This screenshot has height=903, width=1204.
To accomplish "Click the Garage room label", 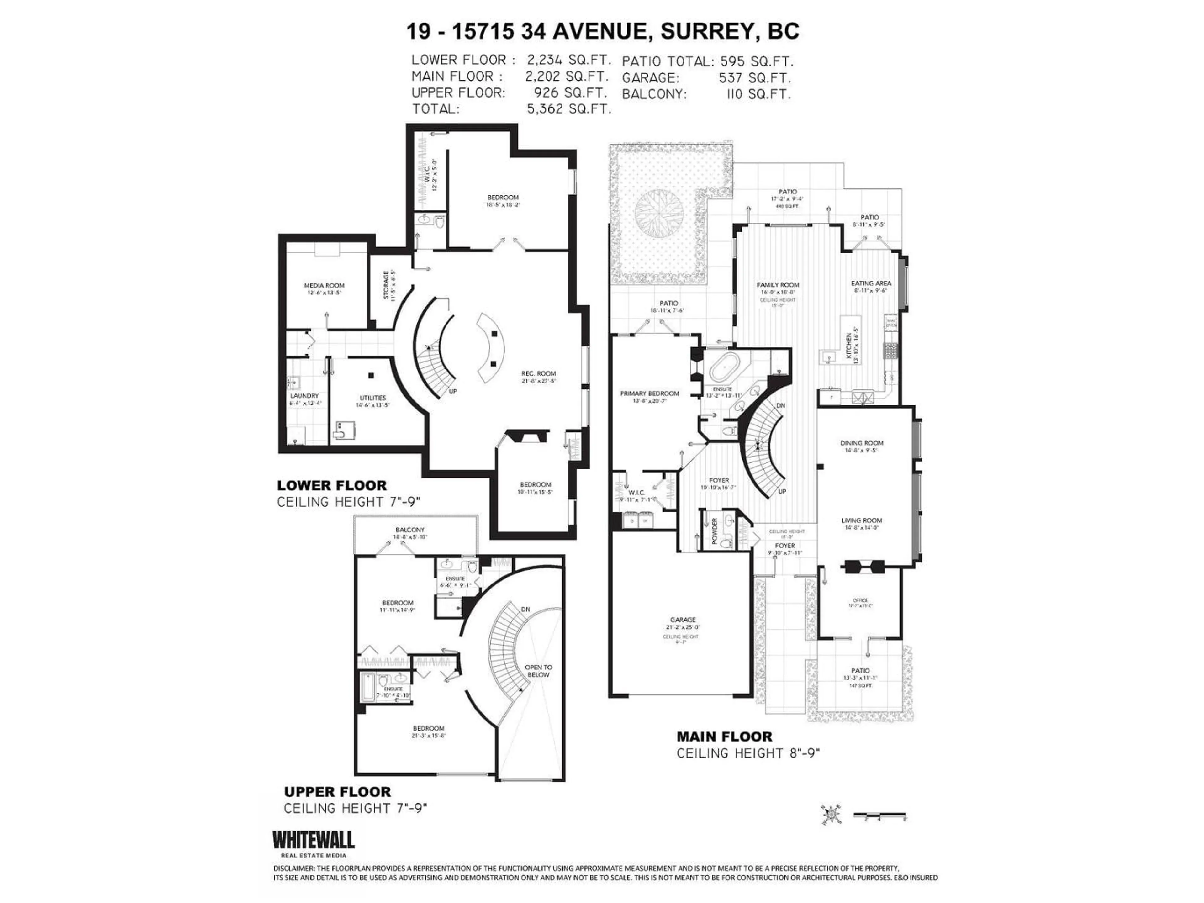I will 683,620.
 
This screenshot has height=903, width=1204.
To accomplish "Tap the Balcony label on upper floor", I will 410,530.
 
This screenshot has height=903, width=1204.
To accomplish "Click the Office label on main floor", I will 860,600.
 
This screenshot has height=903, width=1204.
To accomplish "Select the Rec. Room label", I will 538,373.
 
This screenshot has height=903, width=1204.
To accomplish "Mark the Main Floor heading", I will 724,737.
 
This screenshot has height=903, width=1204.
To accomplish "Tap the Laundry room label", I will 304,396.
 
